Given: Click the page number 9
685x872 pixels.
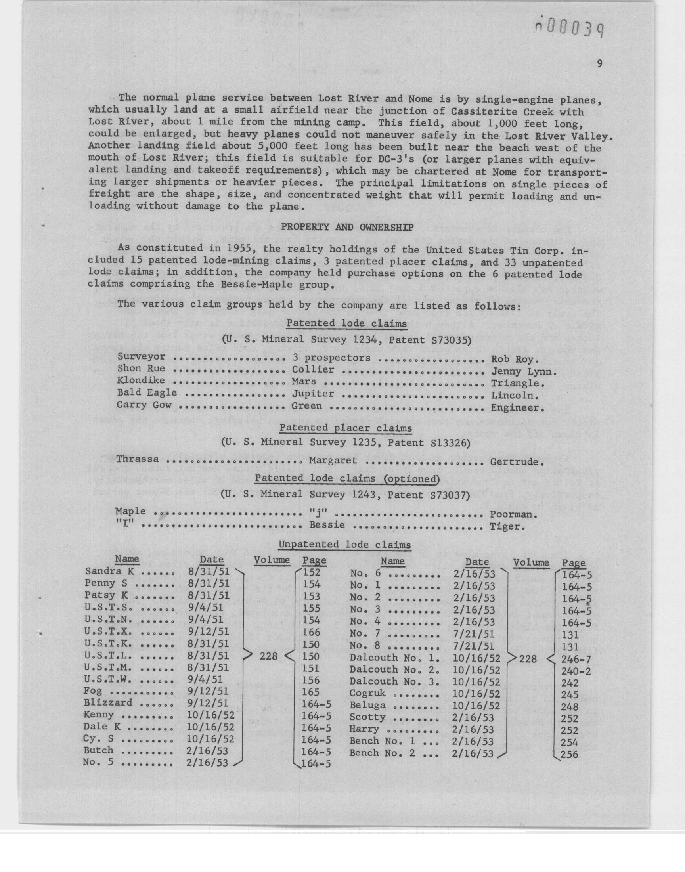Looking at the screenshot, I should point(599,64).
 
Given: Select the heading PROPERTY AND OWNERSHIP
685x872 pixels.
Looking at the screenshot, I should point(347,228).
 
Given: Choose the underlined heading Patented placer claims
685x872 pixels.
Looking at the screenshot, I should point(346,428).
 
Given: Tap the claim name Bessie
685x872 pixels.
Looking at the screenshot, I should point(327,525).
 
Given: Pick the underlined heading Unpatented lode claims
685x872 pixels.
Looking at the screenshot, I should point(344,545).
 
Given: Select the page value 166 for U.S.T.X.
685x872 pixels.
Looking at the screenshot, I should point(311,632).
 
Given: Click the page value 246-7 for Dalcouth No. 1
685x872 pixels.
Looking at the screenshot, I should point(576,659).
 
